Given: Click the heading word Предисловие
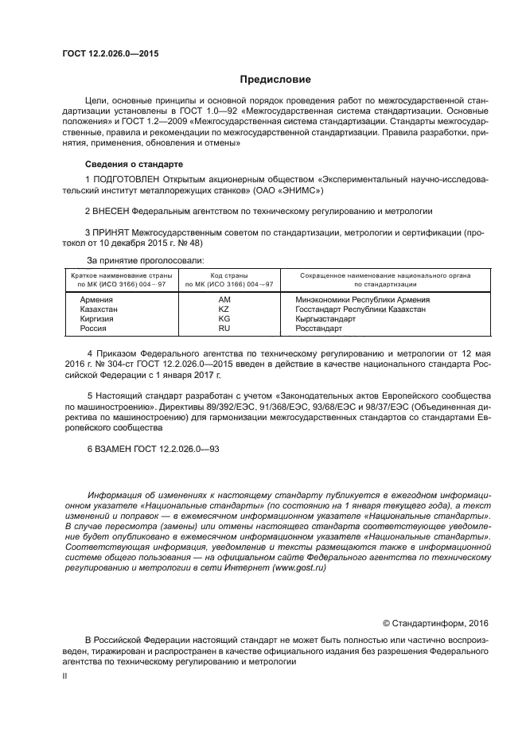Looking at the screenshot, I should [276, 80].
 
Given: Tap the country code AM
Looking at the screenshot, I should [224, 300].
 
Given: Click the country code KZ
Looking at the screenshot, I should [224, 310].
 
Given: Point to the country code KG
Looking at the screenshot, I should [224, 319].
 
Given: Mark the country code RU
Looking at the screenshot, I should [224, 329].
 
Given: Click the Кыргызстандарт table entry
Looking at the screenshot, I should [325, 319].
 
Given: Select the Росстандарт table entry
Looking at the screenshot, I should [318, 329].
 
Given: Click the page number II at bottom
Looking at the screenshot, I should [64, 676].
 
